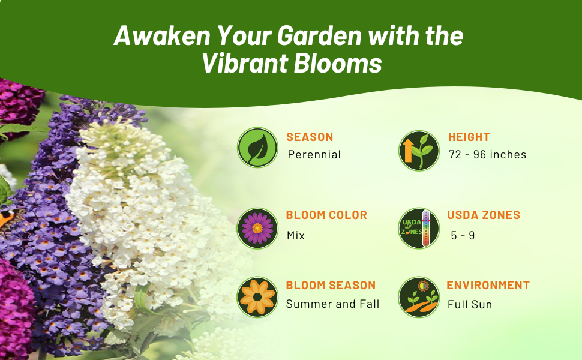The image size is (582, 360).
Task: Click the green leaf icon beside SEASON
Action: (257, 147)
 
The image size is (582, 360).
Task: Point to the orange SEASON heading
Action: (310, 137)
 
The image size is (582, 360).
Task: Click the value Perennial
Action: (314, 155)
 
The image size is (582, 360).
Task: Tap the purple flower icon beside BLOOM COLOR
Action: (257, 228)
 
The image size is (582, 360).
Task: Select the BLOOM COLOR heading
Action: (326, 215)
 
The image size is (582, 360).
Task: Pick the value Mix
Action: (296, 236)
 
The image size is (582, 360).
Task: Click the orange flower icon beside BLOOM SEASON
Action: (257, 297)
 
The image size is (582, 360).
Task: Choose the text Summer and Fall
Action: (332, 304)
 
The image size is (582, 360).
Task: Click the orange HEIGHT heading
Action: (469, 137)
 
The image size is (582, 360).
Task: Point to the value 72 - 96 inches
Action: (487, 155)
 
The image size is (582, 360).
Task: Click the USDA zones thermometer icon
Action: (419, 228)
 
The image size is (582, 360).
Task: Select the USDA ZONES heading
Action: (484, 215)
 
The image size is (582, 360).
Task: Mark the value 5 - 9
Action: (463, 236)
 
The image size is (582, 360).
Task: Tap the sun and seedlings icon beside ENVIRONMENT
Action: (419, 297)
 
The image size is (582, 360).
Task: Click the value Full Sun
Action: (470, 305)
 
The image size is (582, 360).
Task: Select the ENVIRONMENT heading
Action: (488, 286)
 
